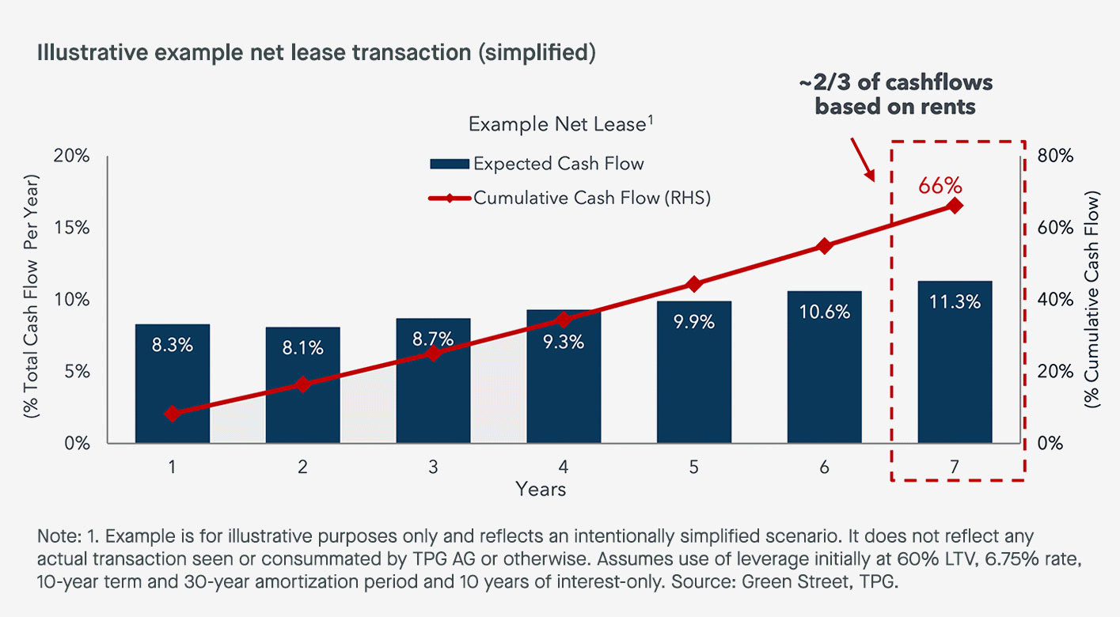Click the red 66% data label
pos(940,186)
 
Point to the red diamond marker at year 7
pos(955,206)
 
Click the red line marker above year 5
pos(693,284)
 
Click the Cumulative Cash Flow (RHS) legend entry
pos(570,199)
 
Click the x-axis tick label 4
pos(564,467)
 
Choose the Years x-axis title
pos(541,489)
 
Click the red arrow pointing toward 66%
pos(864,158)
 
